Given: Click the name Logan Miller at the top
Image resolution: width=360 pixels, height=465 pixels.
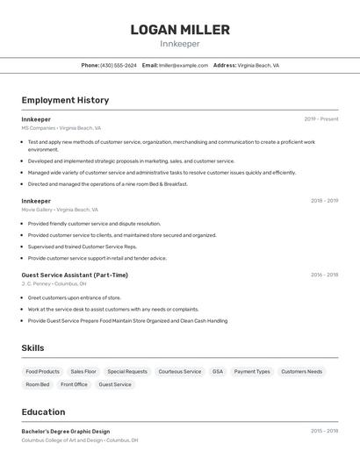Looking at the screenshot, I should coord(180,29).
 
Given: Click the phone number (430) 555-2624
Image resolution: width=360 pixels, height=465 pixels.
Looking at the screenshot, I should coord(118,66).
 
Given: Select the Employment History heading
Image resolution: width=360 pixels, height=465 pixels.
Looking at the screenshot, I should coord(65,100).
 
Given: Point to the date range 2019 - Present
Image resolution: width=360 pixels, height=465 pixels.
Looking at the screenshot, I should coord(321,119).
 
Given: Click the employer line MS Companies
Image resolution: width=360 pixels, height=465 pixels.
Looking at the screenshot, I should coord(61,128).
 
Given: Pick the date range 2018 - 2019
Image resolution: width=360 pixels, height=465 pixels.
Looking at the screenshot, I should coord(324,201).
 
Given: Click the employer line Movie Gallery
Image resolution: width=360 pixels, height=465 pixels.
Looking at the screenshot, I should coord(60,210).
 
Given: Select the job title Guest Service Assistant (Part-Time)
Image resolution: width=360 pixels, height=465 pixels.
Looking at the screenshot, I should coord(75,275).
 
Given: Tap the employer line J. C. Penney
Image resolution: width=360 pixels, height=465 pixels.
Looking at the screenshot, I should coord(54,283).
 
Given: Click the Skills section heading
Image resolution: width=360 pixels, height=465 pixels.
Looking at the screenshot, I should coord(32,348).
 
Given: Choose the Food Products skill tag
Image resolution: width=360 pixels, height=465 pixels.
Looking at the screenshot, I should coord(43,372).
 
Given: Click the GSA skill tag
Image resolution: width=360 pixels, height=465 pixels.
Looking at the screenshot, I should coord(218,372).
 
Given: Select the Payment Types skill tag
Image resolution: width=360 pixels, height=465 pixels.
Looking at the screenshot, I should coord(252,372).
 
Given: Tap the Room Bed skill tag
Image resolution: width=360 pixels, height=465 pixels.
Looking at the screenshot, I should coord(38,384).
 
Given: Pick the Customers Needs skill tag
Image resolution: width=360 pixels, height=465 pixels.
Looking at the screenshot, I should coord(302,372).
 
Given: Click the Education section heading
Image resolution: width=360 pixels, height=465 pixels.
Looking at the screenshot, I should coord(43,412).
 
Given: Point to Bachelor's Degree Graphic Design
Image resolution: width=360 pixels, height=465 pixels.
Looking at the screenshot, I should coord(66,432).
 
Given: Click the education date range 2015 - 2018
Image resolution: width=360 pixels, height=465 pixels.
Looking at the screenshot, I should coord(324,432).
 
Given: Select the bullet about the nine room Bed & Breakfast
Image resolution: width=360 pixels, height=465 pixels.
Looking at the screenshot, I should coord(107,184).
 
